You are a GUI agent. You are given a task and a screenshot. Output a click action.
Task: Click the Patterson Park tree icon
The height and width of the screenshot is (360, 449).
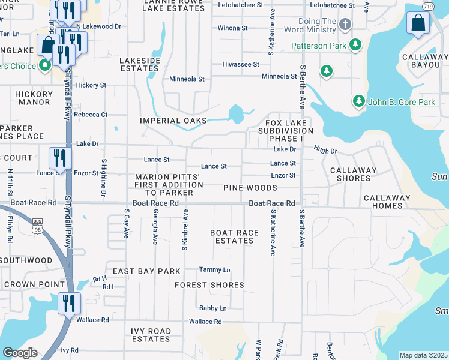(356, 45)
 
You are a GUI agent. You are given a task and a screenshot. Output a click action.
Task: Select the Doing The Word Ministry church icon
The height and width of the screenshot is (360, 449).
(345, 25)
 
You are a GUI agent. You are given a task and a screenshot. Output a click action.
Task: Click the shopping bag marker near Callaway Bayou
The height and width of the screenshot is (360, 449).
(418, 24)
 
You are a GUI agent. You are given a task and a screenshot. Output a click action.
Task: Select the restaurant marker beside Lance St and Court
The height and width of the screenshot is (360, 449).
(60, 158)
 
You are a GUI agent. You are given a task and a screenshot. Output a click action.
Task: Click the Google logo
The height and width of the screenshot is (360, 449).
(20, 353)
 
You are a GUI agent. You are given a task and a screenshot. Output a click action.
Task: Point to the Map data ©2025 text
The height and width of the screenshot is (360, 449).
(423, 355)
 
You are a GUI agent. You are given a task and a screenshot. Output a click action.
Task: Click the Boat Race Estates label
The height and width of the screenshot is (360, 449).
(234, 236)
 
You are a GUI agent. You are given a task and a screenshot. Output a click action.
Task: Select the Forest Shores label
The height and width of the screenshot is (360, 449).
(209, 285)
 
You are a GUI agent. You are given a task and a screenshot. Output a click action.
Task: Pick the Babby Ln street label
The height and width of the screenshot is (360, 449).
(213, 308)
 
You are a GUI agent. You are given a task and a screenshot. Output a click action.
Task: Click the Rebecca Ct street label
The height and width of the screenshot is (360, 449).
(91, 115)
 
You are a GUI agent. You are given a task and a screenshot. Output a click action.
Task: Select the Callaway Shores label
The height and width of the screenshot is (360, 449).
(354, 174)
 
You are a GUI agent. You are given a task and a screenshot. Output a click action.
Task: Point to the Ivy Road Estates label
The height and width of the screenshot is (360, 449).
(151, 335)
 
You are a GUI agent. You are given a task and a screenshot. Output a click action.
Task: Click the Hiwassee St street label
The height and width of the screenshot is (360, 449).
(240, 64)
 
